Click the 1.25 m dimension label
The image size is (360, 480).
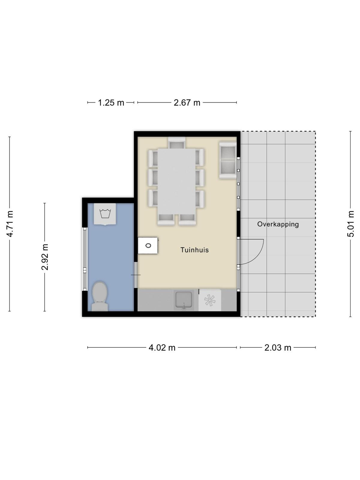click(x=111, y=103)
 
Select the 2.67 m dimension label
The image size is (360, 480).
click(x=187, y=103)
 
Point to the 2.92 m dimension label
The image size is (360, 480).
click(x=45, y=257)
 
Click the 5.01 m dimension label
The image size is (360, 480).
click(x=350, y=224)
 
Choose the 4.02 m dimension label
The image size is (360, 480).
click(x=162, y=347)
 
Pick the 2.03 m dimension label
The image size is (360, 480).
click(x=277, y=347)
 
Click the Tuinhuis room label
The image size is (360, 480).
click(x=194, y=250)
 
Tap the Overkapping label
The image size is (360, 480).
click(x=278, y=224)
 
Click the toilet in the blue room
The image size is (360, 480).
click(x=100, y=296)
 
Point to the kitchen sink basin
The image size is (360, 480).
click(x=184, y=300)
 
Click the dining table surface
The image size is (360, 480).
click(x=177, y=181)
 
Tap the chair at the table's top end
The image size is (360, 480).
click(x=177, y=143)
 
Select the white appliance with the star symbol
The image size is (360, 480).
click(x=210, y=300)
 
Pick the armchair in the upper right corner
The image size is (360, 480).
click(x=228, y=160)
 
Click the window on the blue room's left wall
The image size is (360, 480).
click(x=85, y=259)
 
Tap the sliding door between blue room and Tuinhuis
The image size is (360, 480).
click(x=136, y=275)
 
